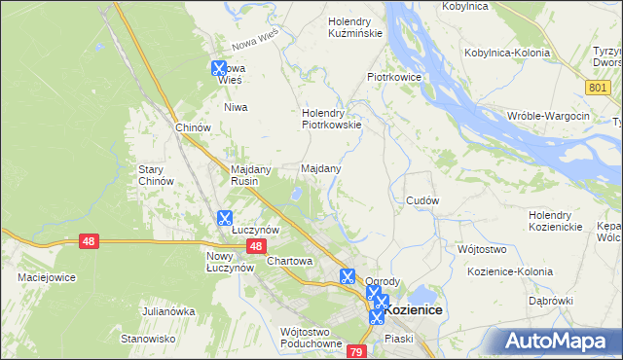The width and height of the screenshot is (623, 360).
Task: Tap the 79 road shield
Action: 356,351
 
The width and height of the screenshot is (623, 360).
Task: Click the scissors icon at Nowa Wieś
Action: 219,68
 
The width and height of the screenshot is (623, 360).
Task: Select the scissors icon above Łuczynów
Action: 225,218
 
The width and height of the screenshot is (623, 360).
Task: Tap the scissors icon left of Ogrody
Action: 346,275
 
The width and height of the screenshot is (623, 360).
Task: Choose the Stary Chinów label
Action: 156,175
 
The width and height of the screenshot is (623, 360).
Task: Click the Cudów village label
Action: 422,200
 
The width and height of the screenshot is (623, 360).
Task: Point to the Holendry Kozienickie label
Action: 556,221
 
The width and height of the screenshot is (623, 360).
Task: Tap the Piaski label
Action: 399,338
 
